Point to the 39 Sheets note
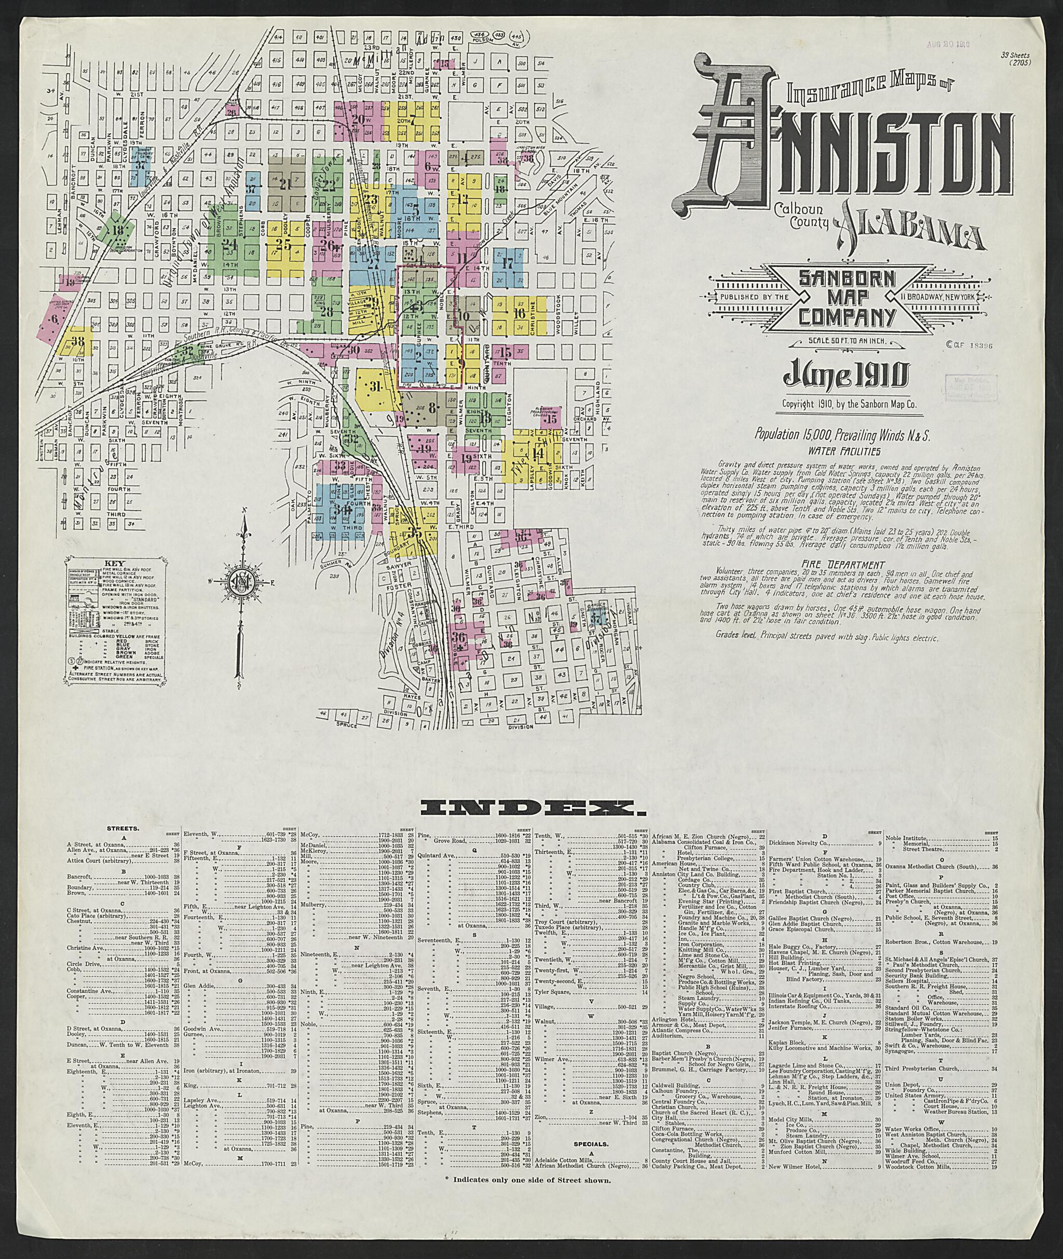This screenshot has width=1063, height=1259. pyautogui.click(x=1016, y=59)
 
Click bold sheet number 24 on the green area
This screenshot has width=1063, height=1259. pyautogui.click(x=229, y=244)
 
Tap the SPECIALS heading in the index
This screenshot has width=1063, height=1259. pyautogui.click(x=590, y=1143)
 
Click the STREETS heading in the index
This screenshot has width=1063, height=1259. pyautogui.click(x=124, y=828)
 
